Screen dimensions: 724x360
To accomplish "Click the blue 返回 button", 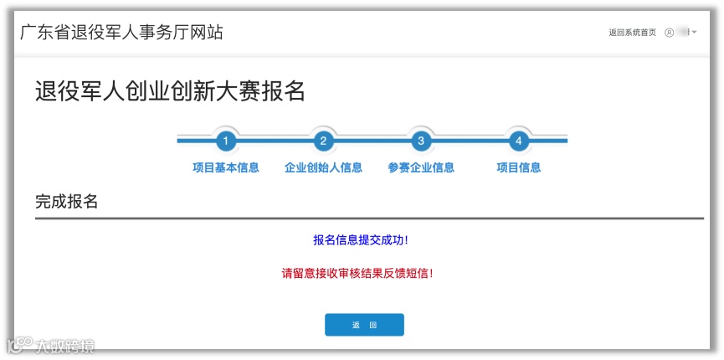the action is (x=364, y=325).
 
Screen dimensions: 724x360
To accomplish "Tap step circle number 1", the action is (x=225, y=141).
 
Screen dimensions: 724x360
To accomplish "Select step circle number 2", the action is (x=323, y=141).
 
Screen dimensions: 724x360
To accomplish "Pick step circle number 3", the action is (x=421, y=141).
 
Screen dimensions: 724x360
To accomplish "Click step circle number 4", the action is (x=519, y=141).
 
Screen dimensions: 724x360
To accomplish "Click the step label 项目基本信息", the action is (x=225, y=167).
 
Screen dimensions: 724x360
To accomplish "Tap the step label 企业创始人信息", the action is (x=323, y=167).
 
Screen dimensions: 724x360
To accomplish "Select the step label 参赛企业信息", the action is (x=421, y=167).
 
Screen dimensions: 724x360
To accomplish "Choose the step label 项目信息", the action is (x=519, y=167).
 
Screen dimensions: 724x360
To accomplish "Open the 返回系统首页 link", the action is (x=633, y=33).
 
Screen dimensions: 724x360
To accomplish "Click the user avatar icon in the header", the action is (x=669, y=33).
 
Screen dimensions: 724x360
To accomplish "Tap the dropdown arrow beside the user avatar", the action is (x=695, y=33).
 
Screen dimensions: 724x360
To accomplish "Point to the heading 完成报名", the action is (x=67, y=202).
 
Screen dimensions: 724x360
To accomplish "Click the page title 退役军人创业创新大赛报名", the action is (x=170, y=90).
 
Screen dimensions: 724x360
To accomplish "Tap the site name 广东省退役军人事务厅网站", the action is (x=122, y=33).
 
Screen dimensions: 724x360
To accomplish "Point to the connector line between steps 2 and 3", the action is (x=372, y=141).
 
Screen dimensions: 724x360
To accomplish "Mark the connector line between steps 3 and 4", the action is (x=470, y=141).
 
